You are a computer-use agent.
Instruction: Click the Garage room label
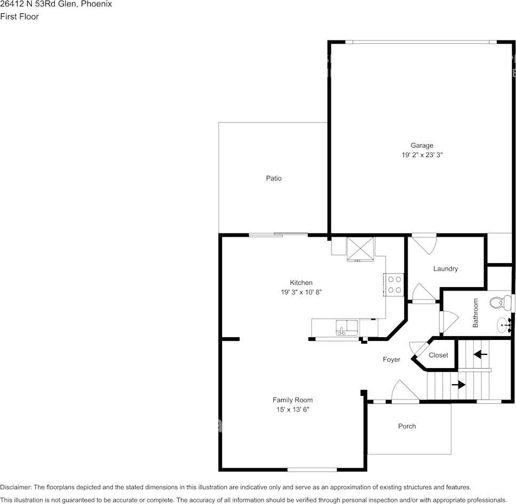coord(422,145)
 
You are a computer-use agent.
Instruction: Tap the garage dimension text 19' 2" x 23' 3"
coord(422,155)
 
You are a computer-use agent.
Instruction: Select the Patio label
coord(274,178)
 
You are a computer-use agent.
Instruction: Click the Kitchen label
coord(301,283)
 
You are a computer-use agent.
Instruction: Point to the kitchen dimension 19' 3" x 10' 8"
coord(301,292)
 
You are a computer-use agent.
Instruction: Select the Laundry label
coord(445,269)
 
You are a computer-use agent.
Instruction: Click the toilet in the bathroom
coord(498,303)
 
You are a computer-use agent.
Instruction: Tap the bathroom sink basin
coord(503,323)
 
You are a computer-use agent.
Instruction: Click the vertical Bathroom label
coord(475,313)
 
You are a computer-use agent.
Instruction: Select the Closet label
coord(439,355)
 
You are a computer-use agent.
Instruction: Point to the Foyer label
coord(392,360)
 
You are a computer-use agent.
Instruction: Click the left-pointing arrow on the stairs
coord(480,354)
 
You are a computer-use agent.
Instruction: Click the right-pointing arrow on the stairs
coord(458,384)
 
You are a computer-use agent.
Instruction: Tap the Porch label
coord(407,426)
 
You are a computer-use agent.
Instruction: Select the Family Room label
coord(292,400)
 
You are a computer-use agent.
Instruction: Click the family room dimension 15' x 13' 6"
coord(292,410)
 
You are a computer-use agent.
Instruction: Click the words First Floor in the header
coord(19,17)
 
